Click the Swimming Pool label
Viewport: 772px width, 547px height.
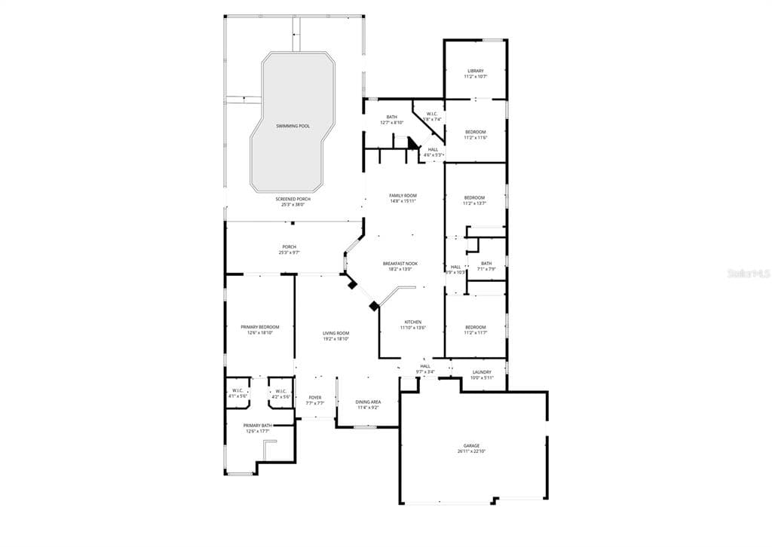pos(293,126)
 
